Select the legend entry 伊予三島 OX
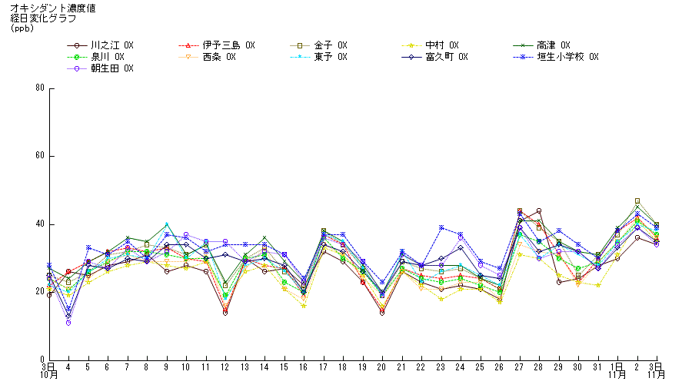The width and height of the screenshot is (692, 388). coord(228,45)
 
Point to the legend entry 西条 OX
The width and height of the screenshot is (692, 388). coord(218,57)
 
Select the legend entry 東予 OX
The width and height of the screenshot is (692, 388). coord(331,57)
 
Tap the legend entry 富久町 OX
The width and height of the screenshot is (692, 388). coord(446,57)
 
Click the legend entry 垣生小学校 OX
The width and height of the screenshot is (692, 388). coord(567,57)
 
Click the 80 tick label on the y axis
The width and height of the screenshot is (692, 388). coord(39,88)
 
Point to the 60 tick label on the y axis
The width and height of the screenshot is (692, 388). coord(39,156)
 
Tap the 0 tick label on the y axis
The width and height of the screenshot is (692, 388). coord(42,360)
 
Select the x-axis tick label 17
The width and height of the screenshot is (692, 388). coord(323,367)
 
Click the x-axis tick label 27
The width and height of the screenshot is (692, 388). coord(520,367)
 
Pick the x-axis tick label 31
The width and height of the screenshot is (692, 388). coord(597,367)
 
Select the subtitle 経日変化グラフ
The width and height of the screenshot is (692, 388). coord(38,18)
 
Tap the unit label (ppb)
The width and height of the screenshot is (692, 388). coord(23,28)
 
